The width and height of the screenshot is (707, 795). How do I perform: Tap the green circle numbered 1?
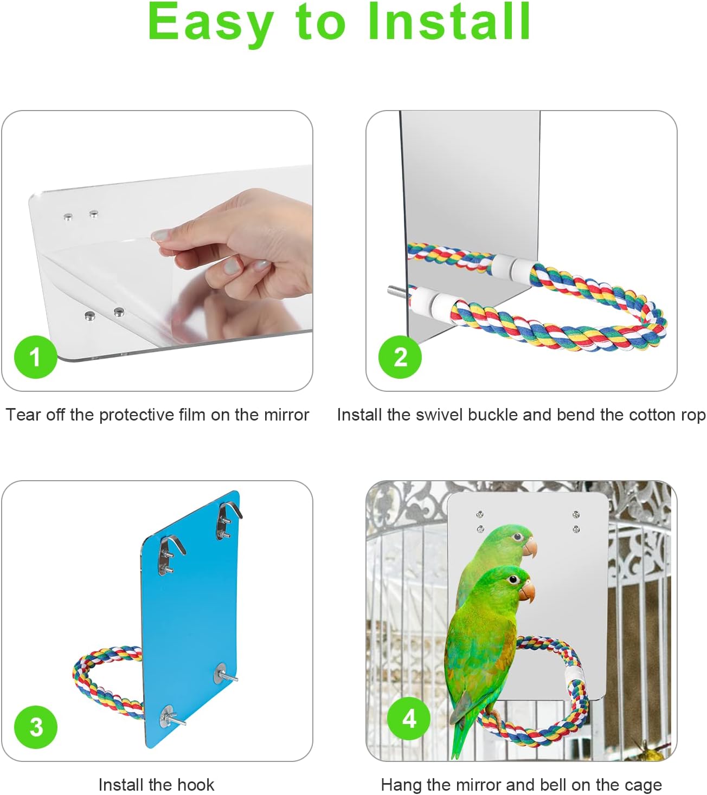tap(36, 357)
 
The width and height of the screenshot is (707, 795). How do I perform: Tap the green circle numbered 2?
tap(400, 357)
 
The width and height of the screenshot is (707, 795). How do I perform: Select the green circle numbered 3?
tap(36, 727)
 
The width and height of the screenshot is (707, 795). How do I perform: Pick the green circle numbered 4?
tap(409, 719)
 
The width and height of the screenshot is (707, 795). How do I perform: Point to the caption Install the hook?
tap(156, 785)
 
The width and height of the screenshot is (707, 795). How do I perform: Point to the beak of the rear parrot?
tap(531, 547)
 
